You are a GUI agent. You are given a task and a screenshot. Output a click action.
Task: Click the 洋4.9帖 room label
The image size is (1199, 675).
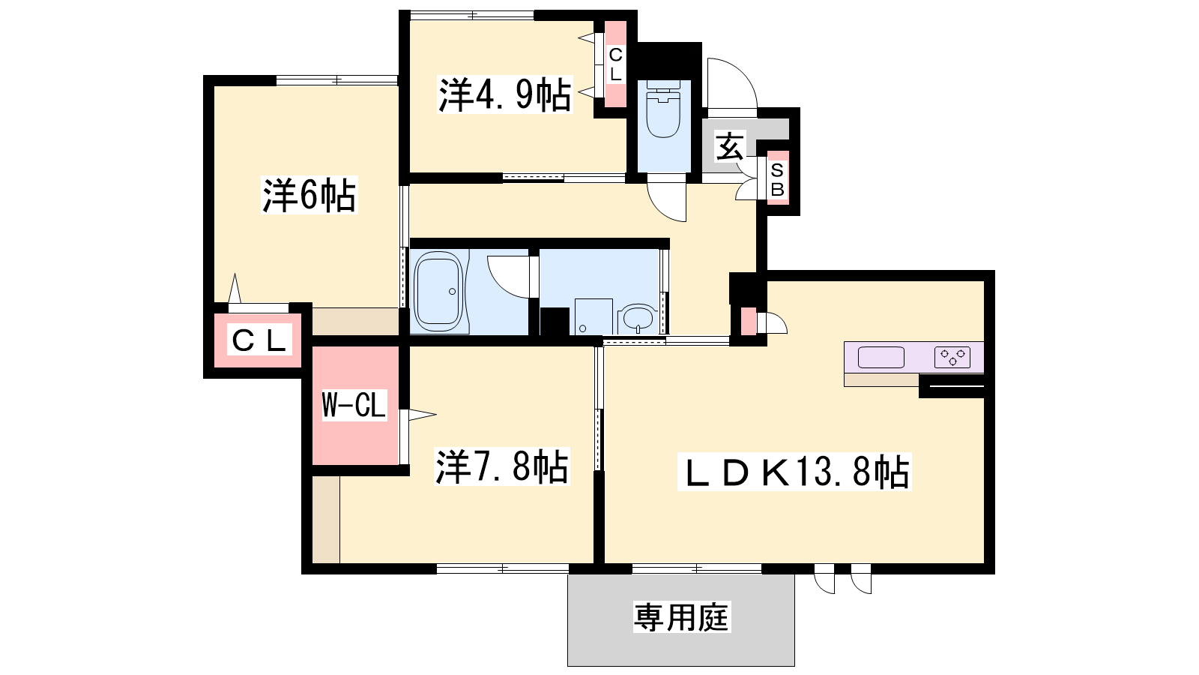[x=505, y=94]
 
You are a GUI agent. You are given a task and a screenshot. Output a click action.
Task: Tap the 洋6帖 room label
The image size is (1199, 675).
[x=309, y=195]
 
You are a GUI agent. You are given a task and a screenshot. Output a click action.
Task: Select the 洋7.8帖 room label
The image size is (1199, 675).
[x=501, y=466]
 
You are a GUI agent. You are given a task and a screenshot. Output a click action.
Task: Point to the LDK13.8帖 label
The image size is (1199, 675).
[x=794, y=472]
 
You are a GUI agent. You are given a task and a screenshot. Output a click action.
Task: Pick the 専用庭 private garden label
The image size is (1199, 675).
[x=681, y=617]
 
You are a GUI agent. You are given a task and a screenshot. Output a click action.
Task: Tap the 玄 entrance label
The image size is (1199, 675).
[x=730, y=147]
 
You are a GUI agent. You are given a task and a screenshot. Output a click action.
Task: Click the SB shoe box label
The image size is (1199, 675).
[x=777, y=180]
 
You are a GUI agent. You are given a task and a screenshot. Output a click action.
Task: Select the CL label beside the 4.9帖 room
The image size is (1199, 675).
[x=615, y=64]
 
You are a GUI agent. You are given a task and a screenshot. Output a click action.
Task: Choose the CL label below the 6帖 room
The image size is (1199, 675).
[x=259, y=340]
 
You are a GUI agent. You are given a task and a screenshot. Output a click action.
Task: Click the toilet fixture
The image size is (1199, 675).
[x=663, y=109]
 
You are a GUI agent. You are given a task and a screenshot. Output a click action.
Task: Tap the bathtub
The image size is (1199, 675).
[x=439, y=292]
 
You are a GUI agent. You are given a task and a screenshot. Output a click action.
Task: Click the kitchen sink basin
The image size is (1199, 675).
[x=881, y=358]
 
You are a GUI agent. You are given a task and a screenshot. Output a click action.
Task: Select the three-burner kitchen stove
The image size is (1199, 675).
[x=952, y=358]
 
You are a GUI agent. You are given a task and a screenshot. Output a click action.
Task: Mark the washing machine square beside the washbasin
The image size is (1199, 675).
[x=594, y=316]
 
